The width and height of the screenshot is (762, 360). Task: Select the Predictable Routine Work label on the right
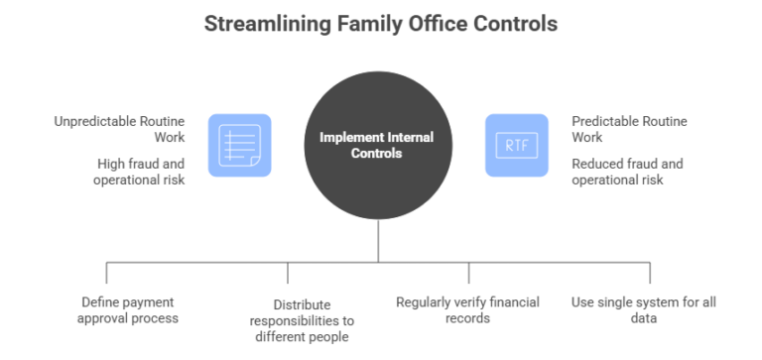tap(615, 129)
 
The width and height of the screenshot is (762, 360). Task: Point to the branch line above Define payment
tap(106, 275)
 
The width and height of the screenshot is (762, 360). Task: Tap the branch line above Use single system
tap(650, 275)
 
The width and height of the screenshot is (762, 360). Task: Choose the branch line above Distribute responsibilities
tap(288, 275)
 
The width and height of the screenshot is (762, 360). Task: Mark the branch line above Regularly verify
tap(468, 275)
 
